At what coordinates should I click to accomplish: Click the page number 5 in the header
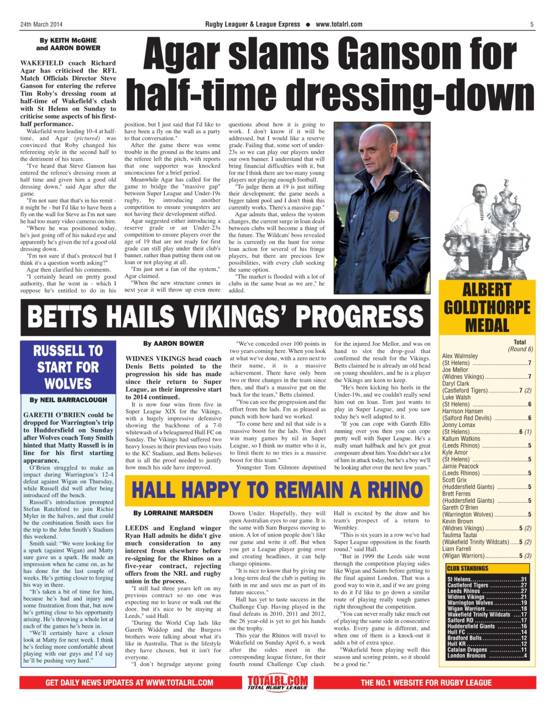(x=531, y=24)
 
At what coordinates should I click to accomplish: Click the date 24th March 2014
(x=41, y=24)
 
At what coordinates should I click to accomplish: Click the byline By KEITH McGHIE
(x=68, y=40)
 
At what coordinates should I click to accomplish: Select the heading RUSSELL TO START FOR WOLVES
(x=67, y=367)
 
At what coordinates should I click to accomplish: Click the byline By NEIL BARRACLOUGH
(x=67, y=400)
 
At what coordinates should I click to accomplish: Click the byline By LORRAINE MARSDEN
(x=173, y=513)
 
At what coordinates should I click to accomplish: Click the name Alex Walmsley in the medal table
(x=460, y=356)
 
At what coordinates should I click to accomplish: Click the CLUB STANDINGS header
(x=468, y=568)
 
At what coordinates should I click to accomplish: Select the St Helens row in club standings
(x=486, y=579)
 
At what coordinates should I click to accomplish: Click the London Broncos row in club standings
(x=486, y=655)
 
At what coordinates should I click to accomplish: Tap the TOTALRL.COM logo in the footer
(x=277, y=683)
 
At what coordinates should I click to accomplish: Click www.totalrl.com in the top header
(x=339, y=24)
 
